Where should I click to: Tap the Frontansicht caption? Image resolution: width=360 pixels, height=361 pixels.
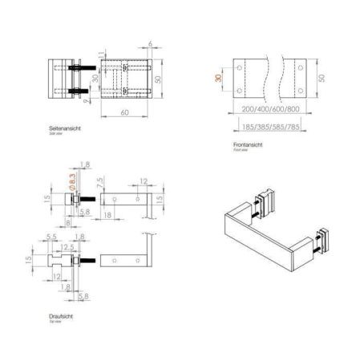(x=246, y=144)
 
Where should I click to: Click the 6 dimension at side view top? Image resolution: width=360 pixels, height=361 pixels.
(x=149, y=46)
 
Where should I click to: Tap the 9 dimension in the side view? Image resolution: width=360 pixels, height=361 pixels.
(x=93, y=100)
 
